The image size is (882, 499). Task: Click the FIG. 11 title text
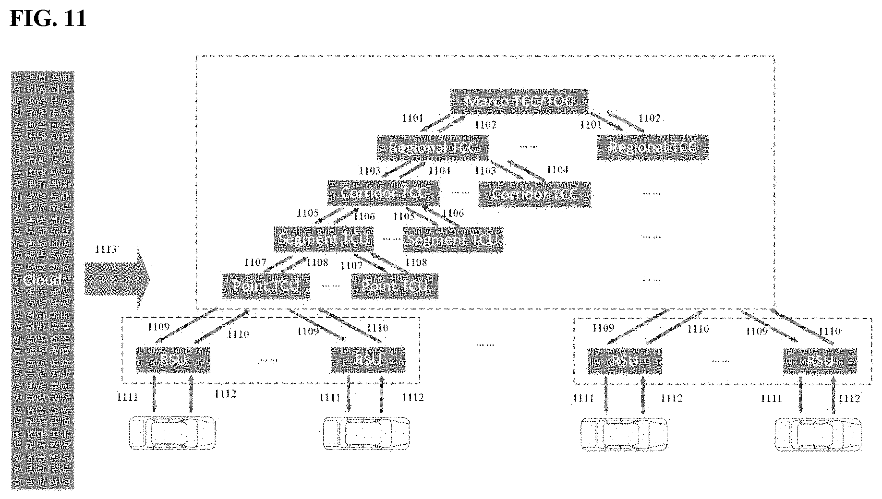pos(48,18)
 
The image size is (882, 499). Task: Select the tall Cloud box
pos(43,280)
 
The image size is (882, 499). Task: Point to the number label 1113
pos(106,249)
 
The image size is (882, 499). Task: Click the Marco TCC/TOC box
pos(520,101)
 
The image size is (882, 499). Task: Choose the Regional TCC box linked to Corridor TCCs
pos(432,147)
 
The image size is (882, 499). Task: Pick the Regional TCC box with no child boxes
pos(652,147)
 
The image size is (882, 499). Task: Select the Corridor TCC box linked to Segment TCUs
pos(383,193)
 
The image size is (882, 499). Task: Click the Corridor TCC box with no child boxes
pos(534,194)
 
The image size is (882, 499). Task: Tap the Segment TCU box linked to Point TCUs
pos(324,239)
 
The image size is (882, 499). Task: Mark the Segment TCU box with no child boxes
pos(452,239)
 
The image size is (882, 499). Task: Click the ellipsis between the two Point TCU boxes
pos(330,286)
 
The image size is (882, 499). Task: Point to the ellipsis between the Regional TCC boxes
pos(528,146)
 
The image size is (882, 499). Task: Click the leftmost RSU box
pos(173,359)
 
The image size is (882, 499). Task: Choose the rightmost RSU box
pos(820,361)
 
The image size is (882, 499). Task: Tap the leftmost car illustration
pos(172,433)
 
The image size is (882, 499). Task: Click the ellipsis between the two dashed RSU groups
pos(485,344)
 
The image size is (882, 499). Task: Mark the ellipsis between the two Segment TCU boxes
pos(391,238)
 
